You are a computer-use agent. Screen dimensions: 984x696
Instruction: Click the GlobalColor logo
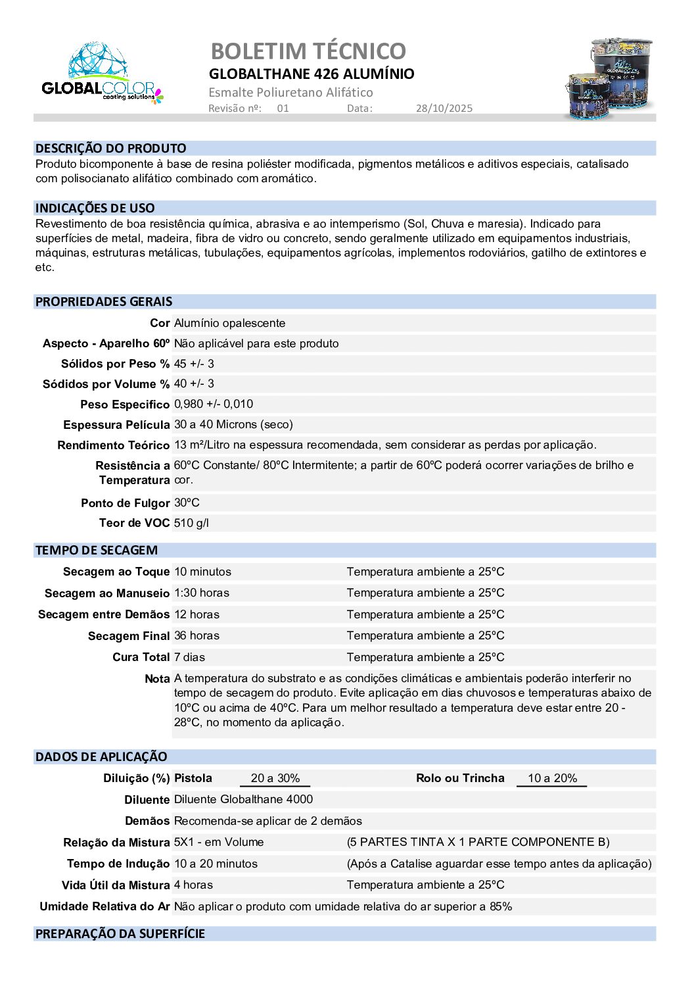[x=102, y=74]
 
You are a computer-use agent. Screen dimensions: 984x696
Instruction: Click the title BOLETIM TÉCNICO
[x=308, y=51]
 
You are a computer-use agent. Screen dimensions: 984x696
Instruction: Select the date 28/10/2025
[x=444, y=109]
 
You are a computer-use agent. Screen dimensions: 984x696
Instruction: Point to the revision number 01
[x=283, y=109]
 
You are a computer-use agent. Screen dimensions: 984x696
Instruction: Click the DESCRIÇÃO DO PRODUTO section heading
[x=110, y=149]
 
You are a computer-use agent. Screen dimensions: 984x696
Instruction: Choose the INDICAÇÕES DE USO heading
[x=95, y=209]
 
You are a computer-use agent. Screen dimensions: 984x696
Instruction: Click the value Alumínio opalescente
[x=229, y=323]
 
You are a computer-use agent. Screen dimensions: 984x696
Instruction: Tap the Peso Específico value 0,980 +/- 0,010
[x=214, y=404]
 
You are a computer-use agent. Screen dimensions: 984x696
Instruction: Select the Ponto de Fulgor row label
[x=125, y=503]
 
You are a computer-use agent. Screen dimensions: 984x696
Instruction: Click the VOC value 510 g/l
[x=191, y=523]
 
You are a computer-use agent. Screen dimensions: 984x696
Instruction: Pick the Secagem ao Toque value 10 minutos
[x=202, y=572]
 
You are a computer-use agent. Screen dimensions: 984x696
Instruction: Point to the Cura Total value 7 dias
[x=190, y=657]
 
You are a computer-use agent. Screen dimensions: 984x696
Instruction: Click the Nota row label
[x=157, y=679]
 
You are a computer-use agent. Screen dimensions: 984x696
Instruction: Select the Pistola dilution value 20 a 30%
[x=275, y=778]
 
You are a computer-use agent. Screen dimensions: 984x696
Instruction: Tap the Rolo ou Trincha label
[x=460, y=778]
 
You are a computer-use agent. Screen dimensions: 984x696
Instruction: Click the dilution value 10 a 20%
[x=552, y=778]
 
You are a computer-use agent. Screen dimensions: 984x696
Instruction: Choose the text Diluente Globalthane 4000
[x=243, y=799]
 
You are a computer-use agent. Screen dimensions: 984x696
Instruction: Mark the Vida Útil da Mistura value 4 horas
[x=193, y=885]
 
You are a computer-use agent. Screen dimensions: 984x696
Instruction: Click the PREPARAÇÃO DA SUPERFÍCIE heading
[x=120, y=934]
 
